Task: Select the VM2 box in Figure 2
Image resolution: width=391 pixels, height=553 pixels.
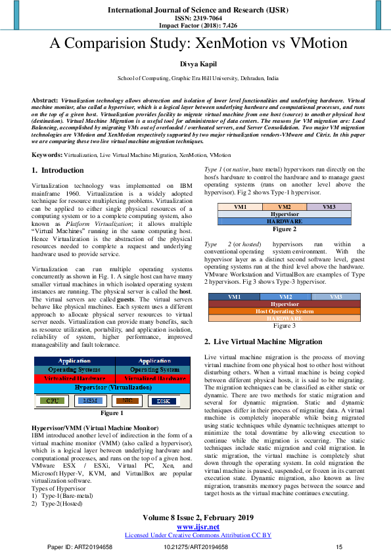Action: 285,207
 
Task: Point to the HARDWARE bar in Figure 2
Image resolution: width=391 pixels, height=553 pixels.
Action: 285,222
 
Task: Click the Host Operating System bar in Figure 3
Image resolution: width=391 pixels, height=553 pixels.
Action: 285,311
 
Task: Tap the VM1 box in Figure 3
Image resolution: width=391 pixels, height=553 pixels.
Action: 234,297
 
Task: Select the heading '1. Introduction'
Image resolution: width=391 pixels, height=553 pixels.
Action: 58,170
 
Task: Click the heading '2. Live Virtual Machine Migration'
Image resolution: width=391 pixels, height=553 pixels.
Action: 263,342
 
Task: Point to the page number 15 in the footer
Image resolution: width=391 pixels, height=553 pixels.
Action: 339,546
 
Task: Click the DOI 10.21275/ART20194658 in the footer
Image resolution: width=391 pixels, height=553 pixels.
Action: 195,546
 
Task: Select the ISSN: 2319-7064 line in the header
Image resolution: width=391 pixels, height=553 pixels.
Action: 195,18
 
